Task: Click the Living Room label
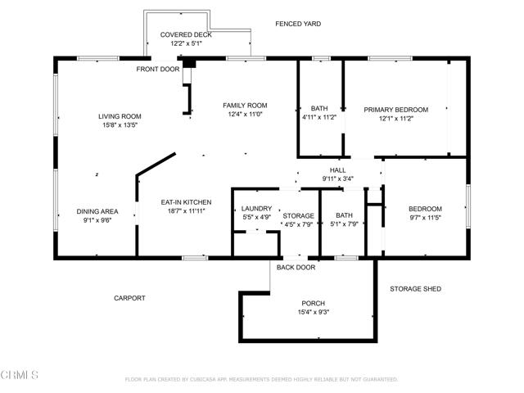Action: tap(120, 116)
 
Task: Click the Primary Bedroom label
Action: tap(396, 109)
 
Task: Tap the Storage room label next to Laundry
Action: tap(298, 215)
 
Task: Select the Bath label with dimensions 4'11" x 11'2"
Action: tap(319, 109)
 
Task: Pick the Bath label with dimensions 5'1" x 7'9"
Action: tap(343, 215)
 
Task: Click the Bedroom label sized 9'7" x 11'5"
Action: tap(425, 209)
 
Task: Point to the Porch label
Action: tap(314, 302)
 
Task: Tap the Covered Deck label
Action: tap(186, 35)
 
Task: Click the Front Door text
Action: tap(158, 69)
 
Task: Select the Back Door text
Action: tap(296, 267)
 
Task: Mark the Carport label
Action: tap(129, 298)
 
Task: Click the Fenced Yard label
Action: tap(298, 24)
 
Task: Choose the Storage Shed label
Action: tap(416, 289)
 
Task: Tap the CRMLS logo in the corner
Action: tap(20, 376)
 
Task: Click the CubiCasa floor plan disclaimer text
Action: tap(261, 380)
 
